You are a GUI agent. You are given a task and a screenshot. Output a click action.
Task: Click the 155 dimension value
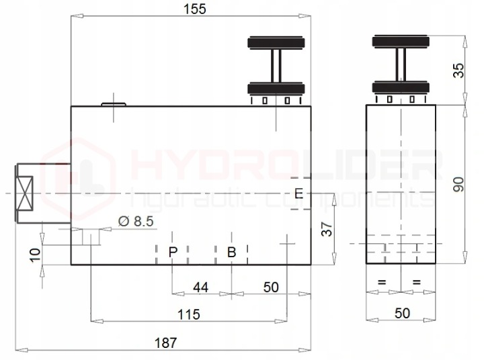[x=194, y=9]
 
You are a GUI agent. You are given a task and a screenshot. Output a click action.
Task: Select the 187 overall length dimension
[x=166, y=343]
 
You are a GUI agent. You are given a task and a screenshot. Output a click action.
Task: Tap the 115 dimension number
[x=189, y=314]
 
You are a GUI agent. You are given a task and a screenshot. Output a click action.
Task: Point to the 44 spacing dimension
[x=200, y=287]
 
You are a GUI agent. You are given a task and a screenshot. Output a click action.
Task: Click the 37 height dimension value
[x=327, y=229]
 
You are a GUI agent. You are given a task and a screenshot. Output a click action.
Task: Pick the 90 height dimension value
[x=458, y=185]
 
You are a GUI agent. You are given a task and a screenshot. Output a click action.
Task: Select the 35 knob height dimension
[x=458, y=71]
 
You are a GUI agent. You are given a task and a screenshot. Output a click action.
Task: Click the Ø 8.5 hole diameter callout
[x=136, y=221]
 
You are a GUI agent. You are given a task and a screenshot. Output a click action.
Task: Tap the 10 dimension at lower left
[x=35, y=255]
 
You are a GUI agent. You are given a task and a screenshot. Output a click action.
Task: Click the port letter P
[x=173, y=252]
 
